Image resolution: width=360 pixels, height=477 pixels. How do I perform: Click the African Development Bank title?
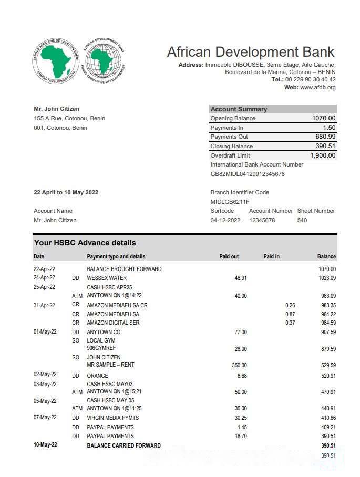(x=251, y=52)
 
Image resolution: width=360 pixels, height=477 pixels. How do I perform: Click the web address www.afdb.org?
(x=317, y=87)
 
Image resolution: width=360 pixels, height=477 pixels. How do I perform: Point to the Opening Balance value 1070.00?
(x=324, y=118)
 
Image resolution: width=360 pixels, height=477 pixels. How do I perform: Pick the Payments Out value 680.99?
(x=325, y=137)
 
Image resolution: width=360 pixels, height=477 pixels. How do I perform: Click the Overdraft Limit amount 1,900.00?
(x=323, y=155)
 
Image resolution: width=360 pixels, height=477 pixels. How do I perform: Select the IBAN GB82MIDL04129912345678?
(x=248, y=174)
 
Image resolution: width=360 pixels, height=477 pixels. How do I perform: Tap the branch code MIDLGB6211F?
(x=230, y=202)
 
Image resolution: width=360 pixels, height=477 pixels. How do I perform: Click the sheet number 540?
(x=302, y=220)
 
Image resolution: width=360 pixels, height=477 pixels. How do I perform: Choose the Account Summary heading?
(x=239, y=109)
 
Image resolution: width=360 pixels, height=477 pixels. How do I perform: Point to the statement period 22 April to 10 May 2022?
(x=66, y=192)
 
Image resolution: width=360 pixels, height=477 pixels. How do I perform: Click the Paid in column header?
(x=271, y=256)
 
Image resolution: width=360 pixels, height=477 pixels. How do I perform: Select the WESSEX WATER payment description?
(x=107, y=278)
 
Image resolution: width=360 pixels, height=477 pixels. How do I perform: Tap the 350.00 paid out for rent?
(x=239, y=365)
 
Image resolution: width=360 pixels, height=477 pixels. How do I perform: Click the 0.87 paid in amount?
(x=290, y=314)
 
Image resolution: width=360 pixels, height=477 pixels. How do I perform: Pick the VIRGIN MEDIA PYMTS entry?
(x=114, y=418)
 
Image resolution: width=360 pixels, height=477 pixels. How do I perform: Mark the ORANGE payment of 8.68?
(x=242, y=376)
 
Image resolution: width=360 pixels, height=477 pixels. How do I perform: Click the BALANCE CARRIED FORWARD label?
(x=124, y=445)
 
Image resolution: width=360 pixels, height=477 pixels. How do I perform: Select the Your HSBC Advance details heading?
(x=85, y=243)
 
